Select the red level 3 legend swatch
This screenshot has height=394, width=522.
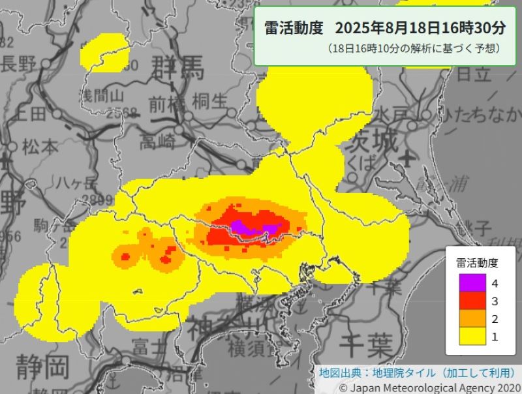click(x=468, y=301)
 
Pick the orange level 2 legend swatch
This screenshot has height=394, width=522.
click(x=468, y=318)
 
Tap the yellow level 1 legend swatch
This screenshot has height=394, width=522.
click(x=468, y=336)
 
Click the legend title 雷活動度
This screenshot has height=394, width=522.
click(x=477, y=263)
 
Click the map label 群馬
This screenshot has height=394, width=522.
click(x=178, y=67)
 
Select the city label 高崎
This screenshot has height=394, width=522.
click(x=159, y=140)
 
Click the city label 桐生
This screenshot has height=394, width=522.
click(x=210, y=102)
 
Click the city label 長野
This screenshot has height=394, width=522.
click(x=17, y=64)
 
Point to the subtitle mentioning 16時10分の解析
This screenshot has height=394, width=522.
click(x=414, y=49)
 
